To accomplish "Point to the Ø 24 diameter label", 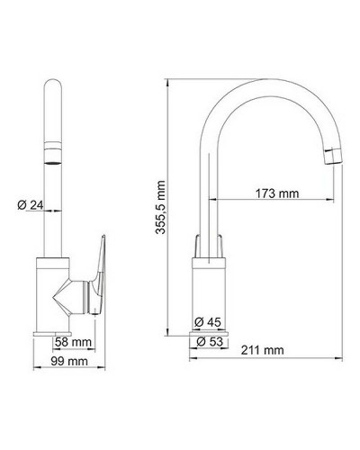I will tap(31, 206).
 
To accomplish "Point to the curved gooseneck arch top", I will tap(270, 83).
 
